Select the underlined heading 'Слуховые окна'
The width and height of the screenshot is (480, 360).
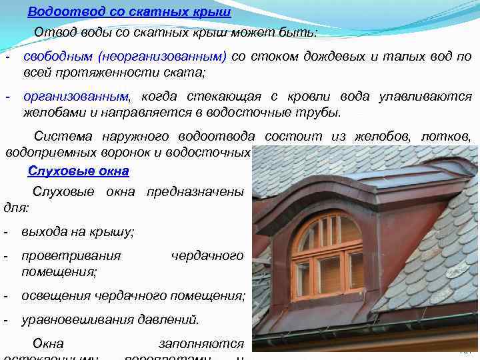(79, 171)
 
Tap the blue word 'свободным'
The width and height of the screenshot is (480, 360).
(58, 57)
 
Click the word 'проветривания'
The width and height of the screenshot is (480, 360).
(71, 255)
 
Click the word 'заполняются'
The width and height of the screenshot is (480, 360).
(201, 344)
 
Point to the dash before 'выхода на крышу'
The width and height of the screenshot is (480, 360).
(6, 232)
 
